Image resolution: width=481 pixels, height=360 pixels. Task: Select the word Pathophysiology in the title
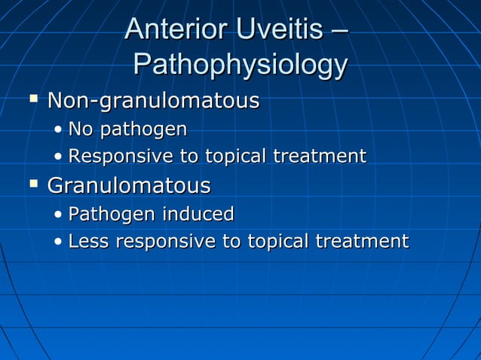click(x=240, y=65)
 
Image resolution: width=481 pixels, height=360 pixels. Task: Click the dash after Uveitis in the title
click(x=340, y=32)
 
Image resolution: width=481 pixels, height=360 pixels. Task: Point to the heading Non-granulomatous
click(x=154, y=101)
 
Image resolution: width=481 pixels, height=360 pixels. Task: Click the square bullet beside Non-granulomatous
click(x=32, y=99)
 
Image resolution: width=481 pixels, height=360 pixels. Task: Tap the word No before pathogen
click(x=81, y=130)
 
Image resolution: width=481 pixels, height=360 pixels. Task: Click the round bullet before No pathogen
click(x=59, y=130)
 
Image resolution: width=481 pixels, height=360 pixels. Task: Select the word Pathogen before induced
click(x=109, y=215)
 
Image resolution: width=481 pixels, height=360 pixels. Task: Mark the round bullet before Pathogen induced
click(x=59, y=215)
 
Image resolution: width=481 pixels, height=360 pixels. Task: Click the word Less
click(x=87, y=242)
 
